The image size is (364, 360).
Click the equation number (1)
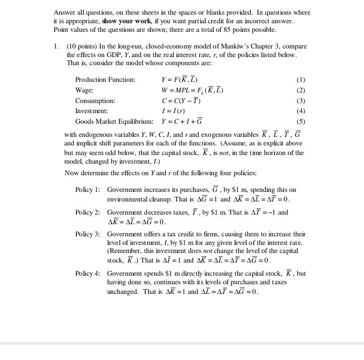301,80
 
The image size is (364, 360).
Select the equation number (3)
301,100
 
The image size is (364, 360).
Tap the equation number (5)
301,122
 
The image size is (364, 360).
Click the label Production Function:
105,80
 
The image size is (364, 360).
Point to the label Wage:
84,90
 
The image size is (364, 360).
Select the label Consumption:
95,100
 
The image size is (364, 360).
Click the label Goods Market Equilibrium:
114,122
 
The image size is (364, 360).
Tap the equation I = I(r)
173,111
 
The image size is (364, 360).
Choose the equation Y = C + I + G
182,121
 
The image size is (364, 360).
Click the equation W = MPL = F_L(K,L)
192,90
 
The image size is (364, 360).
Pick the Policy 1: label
87,190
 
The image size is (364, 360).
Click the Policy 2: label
87,213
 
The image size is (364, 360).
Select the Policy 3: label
87,234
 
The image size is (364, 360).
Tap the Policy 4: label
87,274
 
